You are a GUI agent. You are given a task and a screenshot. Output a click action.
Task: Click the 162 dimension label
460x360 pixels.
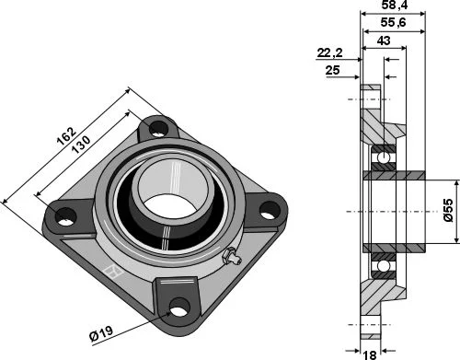66,135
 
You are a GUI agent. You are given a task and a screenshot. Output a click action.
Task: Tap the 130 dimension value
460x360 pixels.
81,145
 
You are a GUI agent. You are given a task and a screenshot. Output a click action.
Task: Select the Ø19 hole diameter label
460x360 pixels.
101,333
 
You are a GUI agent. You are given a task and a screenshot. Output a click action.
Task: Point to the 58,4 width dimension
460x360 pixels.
395,5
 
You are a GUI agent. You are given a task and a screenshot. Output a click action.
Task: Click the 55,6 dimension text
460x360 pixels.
393,22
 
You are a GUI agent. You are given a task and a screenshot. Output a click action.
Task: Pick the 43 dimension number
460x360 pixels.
384,41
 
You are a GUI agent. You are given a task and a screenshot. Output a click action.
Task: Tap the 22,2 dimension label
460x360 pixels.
329,52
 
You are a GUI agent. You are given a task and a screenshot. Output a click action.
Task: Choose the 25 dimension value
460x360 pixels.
333,70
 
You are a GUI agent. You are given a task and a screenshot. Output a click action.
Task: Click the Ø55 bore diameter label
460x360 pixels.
448,210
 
